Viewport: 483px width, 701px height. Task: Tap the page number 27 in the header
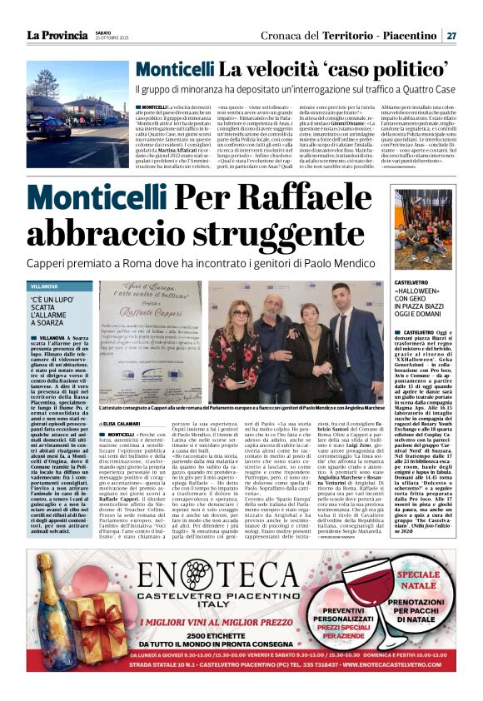(x=451, y=35)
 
